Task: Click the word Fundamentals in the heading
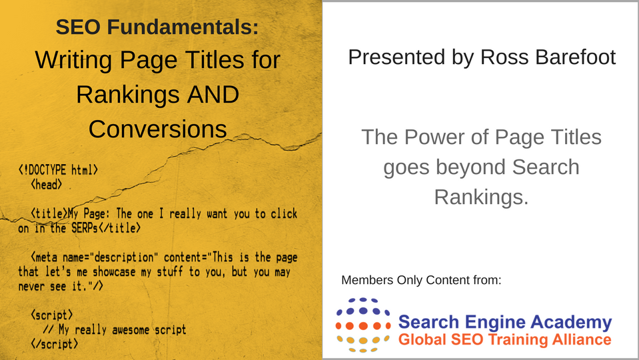(183, 27)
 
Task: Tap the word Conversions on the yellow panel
(158, 129)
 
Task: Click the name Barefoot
(576, 57)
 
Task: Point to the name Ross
(504, 57)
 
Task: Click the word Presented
(396, 57)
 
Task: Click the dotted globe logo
(362, 325)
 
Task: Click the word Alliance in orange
(582, 339)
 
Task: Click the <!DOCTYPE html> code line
(58, 169)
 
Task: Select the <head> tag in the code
(47, 185)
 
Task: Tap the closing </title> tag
(120, 228)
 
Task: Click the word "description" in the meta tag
(123, 258)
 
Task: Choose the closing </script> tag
(54, 344)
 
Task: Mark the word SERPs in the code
(85, 228)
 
